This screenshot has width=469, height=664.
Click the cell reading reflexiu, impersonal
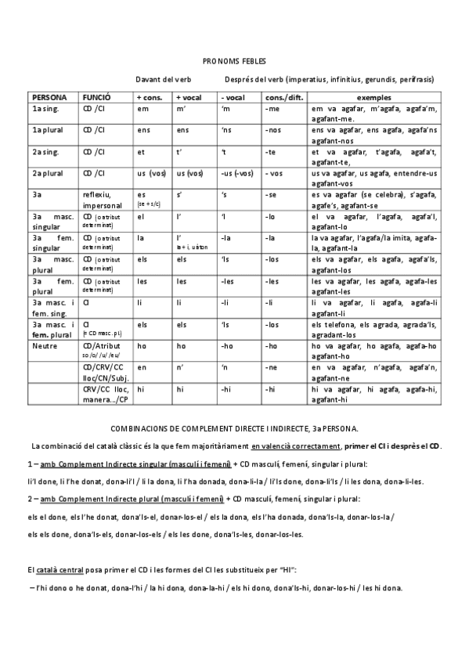pyautogui.click(x=101, y=198)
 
